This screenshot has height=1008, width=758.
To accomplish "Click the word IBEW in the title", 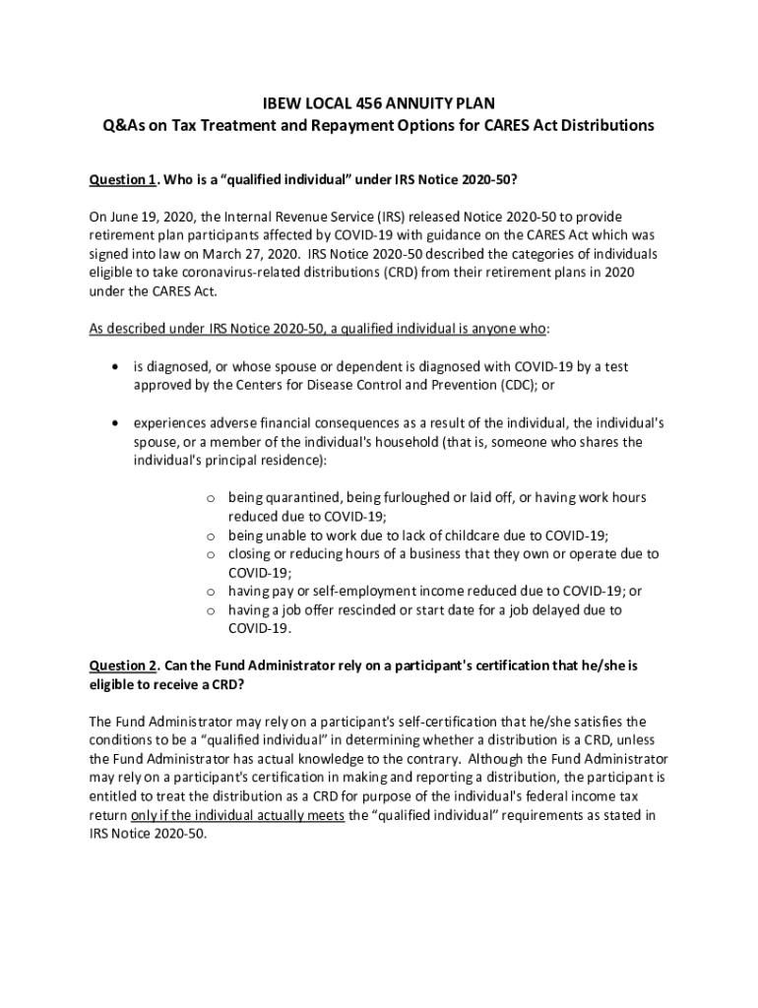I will [279, 103].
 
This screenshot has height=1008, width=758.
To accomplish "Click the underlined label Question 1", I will [123, 179].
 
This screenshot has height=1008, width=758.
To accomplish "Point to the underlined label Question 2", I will [123, 666].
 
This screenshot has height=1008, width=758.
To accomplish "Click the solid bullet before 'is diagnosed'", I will [116, 366].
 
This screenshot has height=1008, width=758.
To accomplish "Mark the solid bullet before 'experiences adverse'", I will [116, 422].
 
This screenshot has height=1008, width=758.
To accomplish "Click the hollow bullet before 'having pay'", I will [211, 592].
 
